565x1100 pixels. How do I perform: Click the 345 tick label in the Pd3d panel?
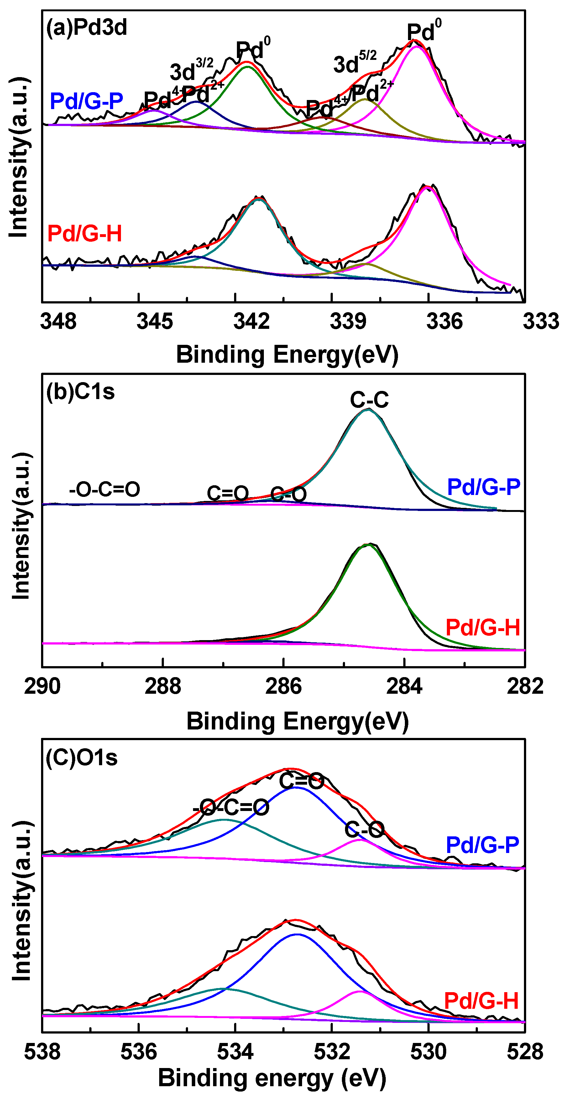click(154, 321)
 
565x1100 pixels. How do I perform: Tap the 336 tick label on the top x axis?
click(444, 321)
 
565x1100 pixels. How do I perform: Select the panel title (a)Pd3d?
click(86, 28)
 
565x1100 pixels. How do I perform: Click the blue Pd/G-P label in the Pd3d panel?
click(86, 101)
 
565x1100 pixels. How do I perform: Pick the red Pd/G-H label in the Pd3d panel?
click(85, 234)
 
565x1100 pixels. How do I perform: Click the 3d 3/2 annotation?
click(191, 70)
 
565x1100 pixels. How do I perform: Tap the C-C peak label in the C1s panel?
click(369, 400)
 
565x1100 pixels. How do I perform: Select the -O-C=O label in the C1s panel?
click(105, 489)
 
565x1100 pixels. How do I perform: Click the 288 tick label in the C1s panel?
click(163, 686)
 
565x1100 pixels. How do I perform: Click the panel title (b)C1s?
click(80, 391)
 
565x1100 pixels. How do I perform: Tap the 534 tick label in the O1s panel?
click(235, 1051)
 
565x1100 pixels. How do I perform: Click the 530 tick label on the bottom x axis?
click(428, 1051)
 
